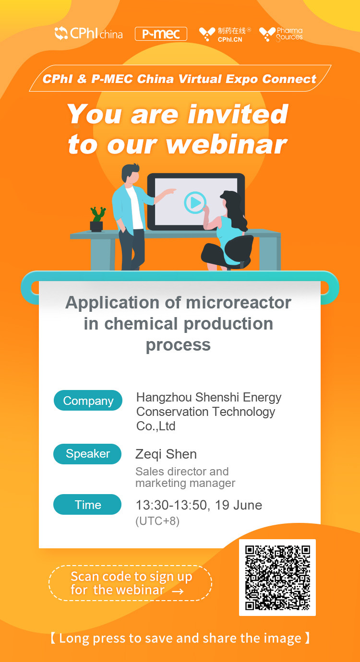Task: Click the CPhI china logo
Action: coord(88,33)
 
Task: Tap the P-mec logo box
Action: coord(161,34)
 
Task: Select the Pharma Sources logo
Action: coord(281,34)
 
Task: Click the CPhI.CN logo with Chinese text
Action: coord(225,34)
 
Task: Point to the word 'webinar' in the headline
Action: coord(226,144)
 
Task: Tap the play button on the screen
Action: coord(195,203)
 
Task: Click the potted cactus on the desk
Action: coord(97,219)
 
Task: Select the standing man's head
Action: coord(130,174)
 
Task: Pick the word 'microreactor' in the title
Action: coord(239,303)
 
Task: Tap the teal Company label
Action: coord(88,401)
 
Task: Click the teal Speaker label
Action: coord(87,454)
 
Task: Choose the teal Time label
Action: coord(87,505)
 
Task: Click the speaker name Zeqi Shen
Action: coord(166,454)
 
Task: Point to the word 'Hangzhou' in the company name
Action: coord(164,398)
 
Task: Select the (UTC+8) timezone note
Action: coord(157,521)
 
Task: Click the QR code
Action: coord(277,578)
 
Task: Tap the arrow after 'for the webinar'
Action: coord(178,591)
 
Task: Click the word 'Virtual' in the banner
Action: coord(200,79)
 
